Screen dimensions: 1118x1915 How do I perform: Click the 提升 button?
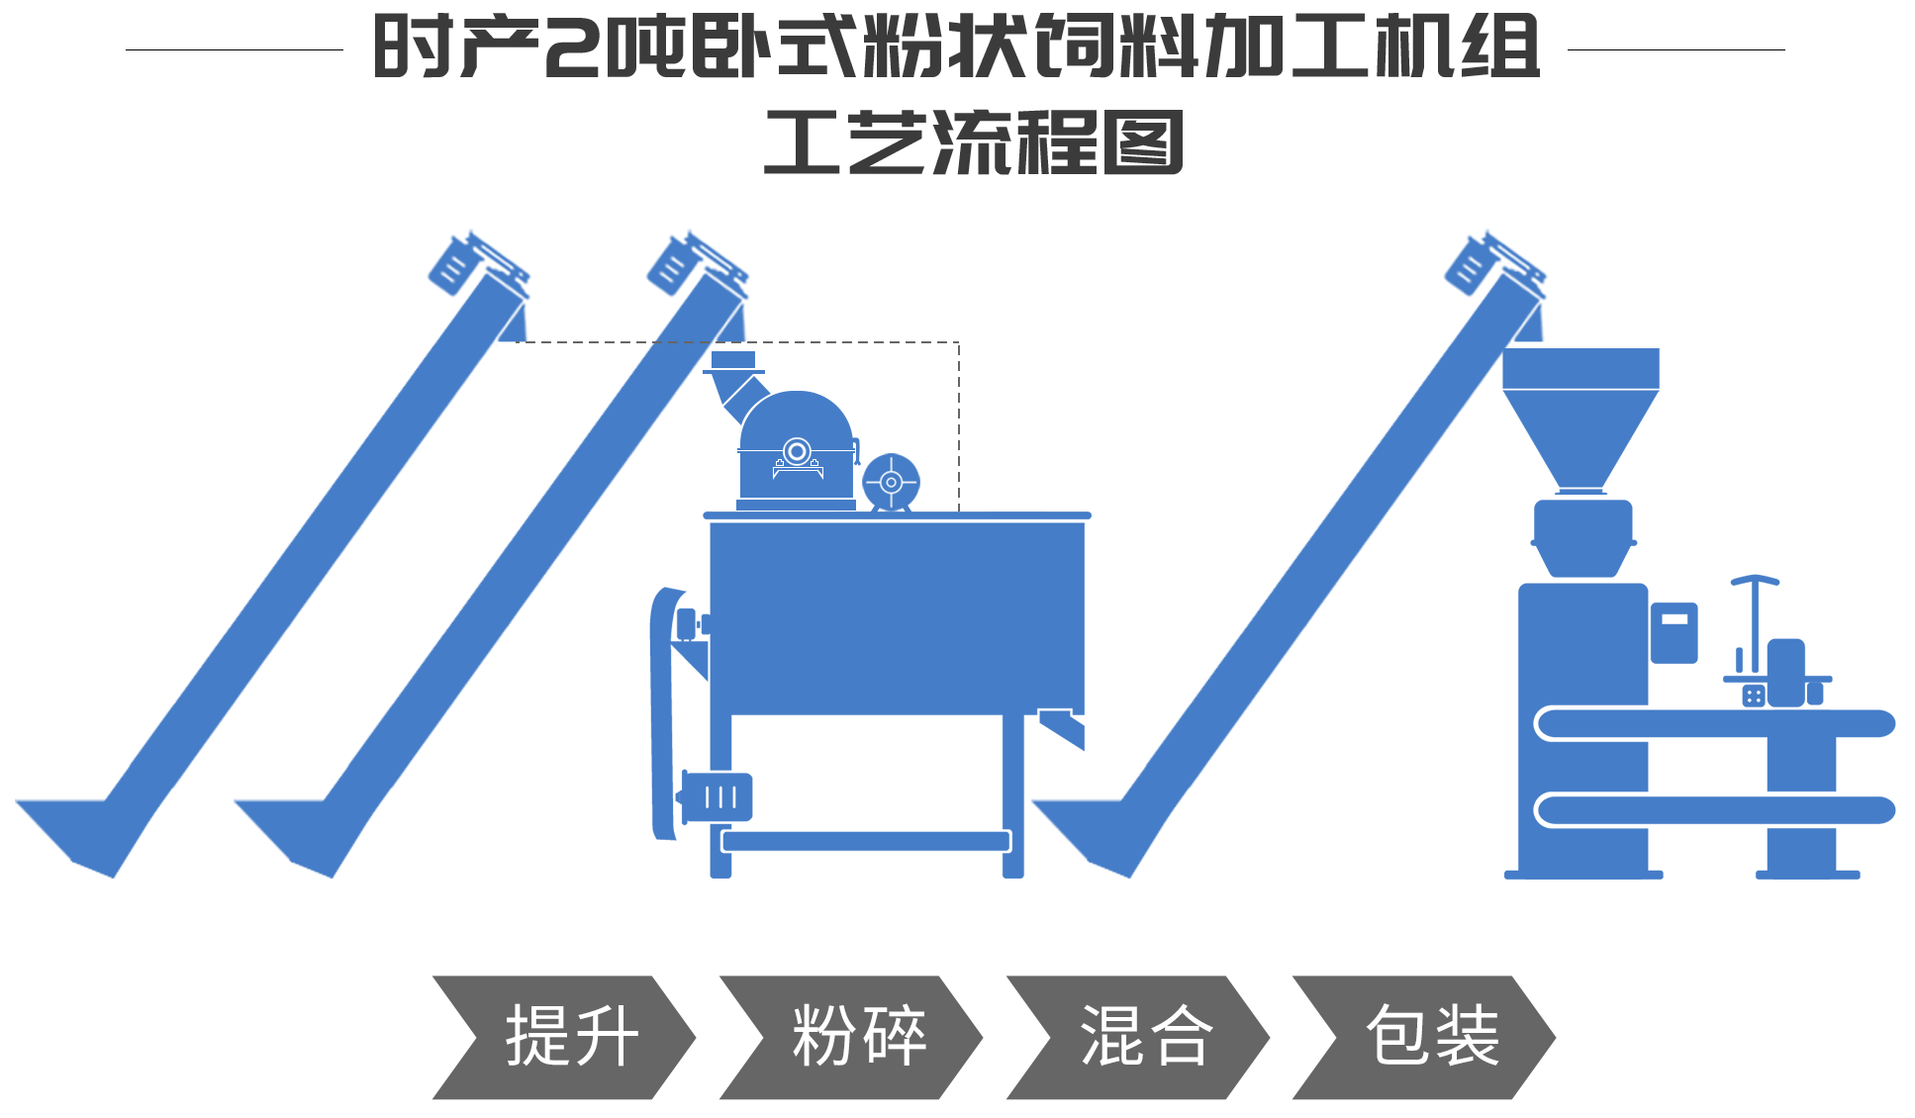click(563, 1037)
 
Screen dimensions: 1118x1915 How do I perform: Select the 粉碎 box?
click(850, 1037)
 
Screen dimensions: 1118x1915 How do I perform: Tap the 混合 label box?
click(1137, 1037)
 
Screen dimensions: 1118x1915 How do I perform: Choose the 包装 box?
click(1423, 1037)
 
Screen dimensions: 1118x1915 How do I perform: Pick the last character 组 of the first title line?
click(1494, 47)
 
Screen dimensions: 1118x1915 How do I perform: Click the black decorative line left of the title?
click(233, 48)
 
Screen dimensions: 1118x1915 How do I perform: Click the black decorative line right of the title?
click(1676, 48)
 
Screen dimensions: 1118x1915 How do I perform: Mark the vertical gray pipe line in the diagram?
click(958, 425)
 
